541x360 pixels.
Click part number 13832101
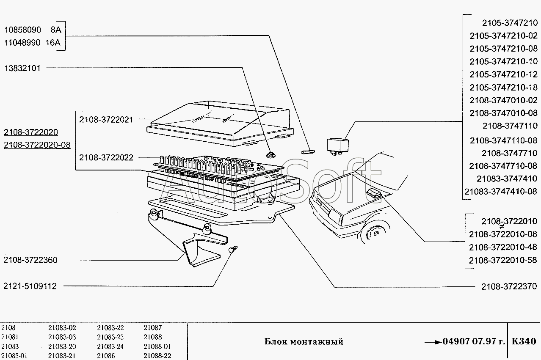pyautogui.click(x=22, y=68)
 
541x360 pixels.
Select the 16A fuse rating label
pyautogui.click(x=53, y=43)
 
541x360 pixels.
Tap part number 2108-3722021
pyautogui.click(x=106, y=120)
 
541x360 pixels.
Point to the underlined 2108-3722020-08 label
pyautogui.click(x=37, y=145)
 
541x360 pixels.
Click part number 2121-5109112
pyautogui.click(x=30, y=286)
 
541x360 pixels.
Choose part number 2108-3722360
pyautogui.click(x=30, y=260)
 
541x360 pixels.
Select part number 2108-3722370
pyautogui.click(x=509, y=286)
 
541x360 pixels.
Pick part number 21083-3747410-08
pyautogui.click(x=501, y=191)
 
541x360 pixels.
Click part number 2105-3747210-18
pyautogui.click(x=503, y=87)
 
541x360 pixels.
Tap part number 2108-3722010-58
pyautogui.click(x=503, y=260)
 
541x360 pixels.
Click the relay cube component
pyautogui.click(x=338, y=146)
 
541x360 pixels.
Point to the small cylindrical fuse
pyautogui.click(x=308, y=152)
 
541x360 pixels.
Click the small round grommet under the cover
pyautogui.click(x=270, y=155)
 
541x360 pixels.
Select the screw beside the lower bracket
pyautogui.click(x=233, y=249)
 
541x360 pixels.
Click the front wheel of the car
pyautogui.click(x=375, y=234)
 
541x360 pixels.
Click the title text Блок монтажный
pyautogui.click(x=304, y=342)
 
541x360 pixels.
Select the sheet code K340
pyautogui.click(x=524, y=341)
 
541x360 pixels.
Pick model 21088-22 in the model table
pyautogui.click(x=157, y=356)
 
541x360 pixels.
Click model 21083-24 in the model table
pyautogui.click(x=110, y=346)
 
